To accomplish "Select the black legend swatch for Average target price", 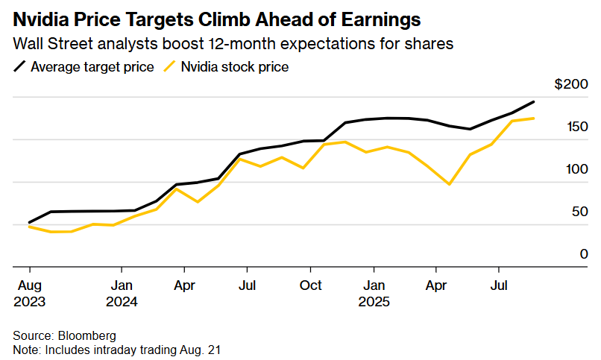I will point(20,67).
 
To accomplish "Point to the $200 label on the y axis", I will point(571,85).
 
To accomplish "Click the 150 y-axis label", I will point(577,127).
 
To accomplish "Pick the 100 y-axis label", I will point(577,170).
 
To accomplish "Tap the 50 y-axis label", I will point(580,212).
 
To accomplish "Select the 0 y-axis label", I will point(584,255).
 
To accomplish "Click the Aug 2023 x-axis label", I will point(29,294).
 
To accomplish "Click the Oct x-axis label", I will point(311,285).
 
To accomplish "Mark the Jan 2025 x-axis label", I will point(374,294).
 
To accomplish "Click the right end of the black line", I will point(533,101).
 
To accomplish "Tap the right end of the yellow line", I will point(533,119).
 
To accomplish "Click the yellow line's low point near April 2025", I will point(449,184).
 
